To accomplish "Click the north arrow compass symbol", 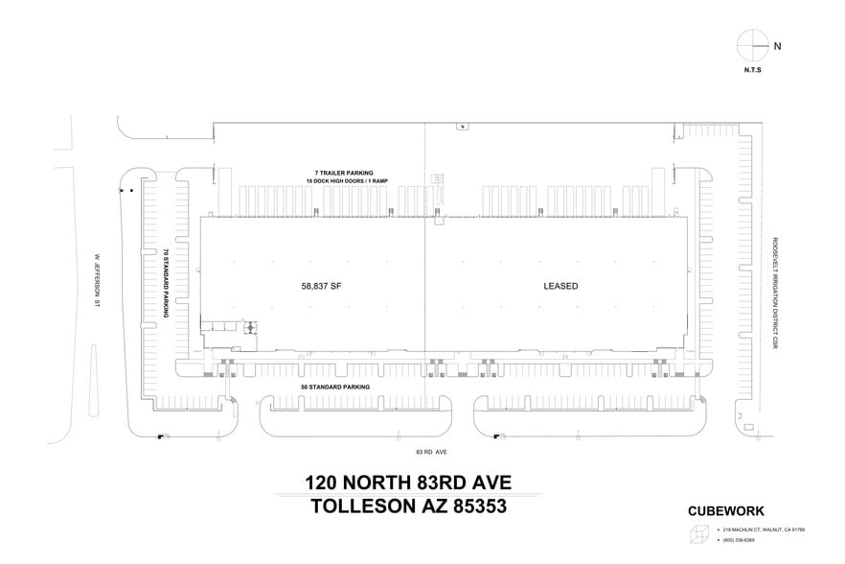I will pos(752,44).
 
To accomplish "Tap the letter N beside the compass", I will pos(777,45).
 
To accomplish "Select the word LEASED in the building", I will pos(560,285).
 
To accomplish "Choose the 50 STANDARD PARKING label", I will pos(334,386).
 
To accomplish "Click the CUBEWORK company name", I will pos(726,511).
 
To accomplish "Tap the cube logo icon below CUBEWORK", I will pos(699,533).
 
